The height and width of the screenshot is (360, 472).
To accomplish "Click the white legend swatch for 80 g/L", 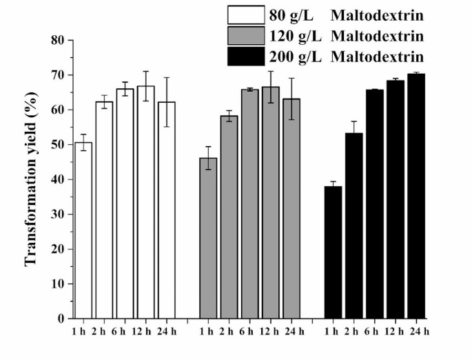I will pos(245,14).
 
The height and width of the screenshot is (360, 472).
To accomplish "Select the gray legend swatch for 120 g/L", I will pos(245,35).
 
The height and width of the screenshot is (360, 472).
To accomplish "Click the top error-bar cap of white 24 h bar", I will pos(166,77).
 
